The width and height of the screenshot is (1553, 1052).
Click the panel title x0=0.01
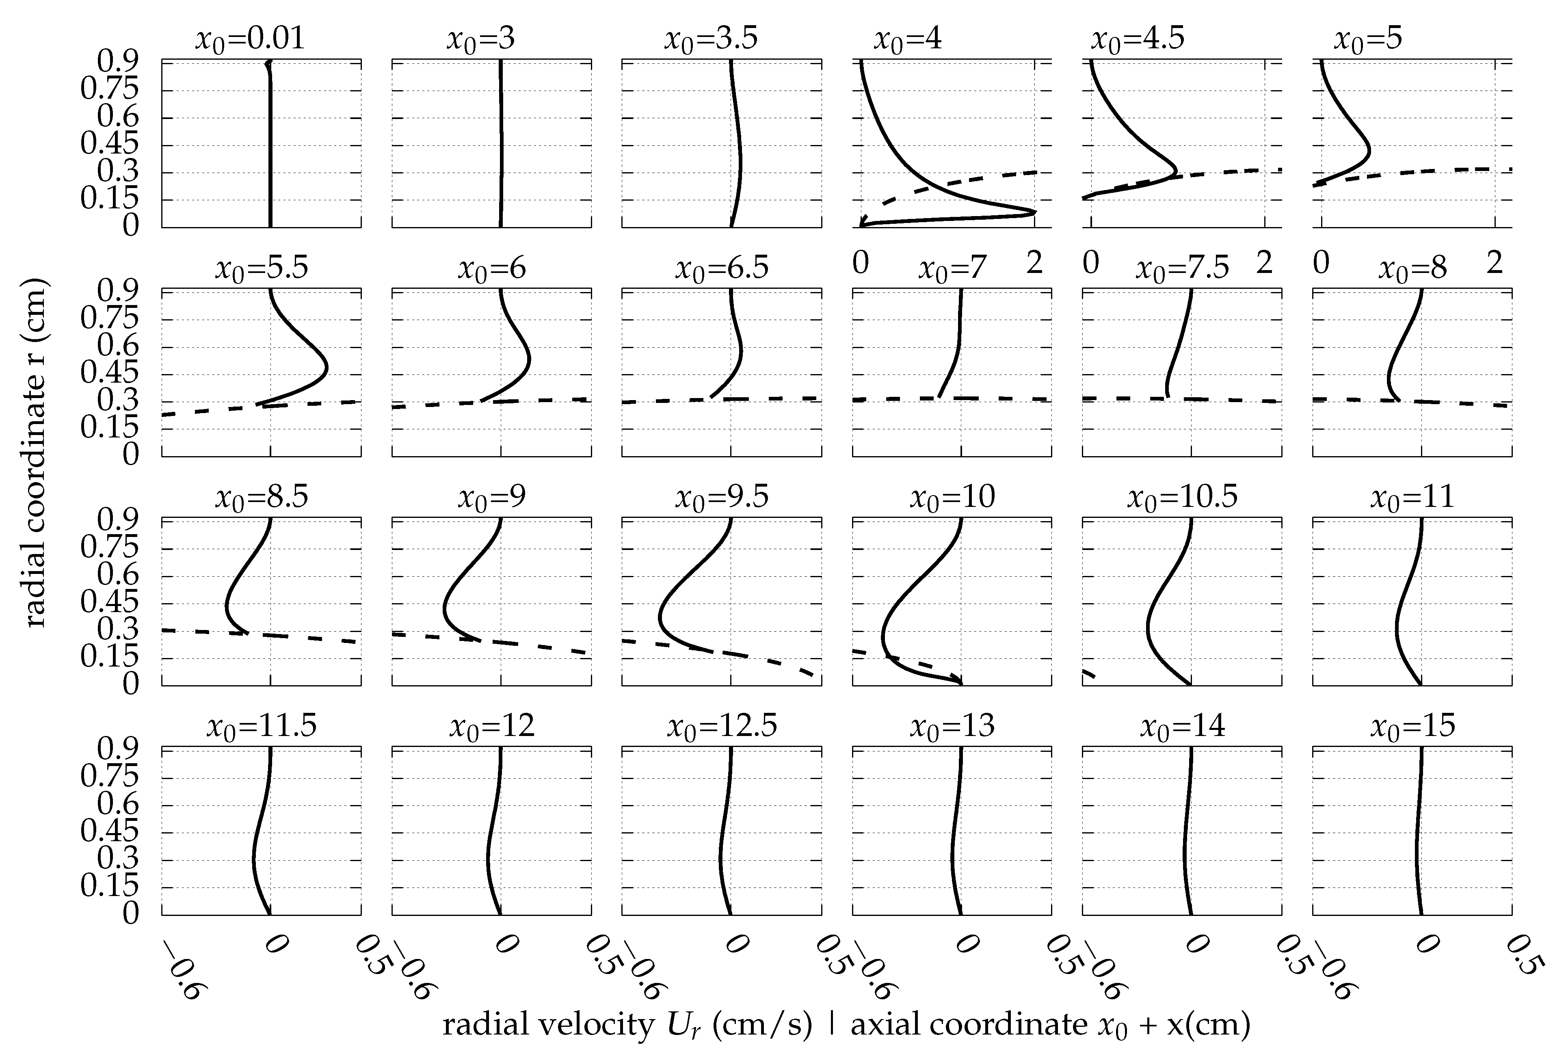250,39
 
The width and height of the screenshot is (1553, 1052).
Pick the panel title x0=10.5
1183,497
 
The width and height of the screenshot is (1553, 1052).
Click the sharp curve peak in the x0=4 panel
1034,212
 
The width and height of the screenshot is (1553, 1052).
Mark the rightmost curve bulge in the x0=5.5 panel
327,366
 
